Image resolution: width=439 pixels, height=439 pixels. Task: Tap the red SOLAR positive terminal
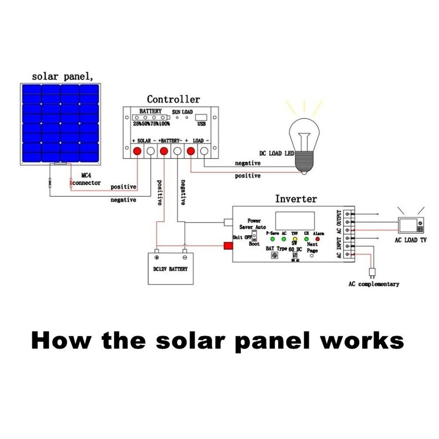[137, 151]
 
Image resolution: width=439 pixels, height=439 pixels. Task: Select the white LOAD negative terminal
[204, 151]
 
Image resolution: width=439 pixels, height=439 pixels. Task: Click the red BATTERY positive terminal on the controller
[164, 151]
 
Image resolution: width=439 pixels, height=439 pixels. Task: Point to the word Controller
[173, 99]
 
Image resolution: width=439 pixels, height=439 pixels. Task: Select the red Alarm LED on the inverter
[317, 239]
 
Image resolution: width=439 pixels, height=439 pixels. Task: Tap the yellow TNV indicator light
[295, 239]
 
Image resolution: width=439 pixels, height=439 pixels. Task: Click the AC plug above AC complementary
[372, 273]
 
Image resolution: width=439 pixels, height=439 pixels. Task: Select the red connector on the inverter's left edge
[228, 245]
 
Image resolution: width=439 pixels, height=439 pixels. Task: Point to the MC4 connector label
[86, 179]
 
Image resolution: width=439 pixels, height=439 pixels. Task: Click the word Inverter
[295, 199]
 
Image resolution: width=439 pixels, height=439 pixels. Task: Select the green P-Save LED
[272, 239]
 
